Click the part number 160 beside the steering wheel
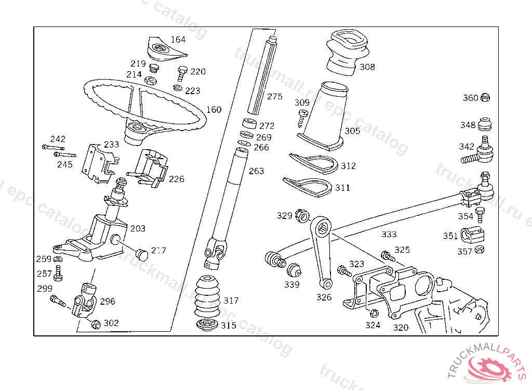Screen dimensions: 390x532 (214, 110)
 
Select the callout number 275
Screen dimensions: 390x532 (274, 97)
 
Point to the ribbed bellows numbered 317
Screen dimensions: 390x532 (208, 298)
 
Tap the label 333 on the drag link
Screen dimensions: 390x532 (389, 235)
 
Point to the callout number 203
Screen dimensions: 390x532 (138, 228)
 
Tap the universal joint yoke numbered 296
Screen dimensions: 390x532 (85, 302)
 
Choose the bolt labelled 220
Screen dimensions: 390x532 (182, 72)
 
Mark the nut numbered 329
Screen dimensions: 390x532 (300, 215)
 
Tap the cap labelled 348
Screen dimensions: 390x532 (485, 125)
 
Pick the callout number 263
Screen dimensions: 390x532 (256, 171)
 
